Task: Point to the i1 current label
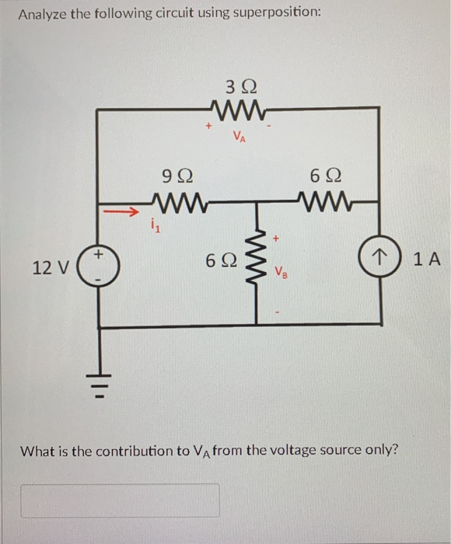pyautogui.click(x=152, y=228)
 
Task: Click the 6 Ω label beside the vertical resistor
pyautogui.click(x=219, y=262)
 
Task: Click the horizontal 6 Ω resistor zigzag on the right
pyautogui.click(x=326, y=204)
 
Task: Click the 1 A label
pyautogui.click(x=426, y=260)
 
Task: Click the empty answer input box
pyautogui.click(x=120, y=500)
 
